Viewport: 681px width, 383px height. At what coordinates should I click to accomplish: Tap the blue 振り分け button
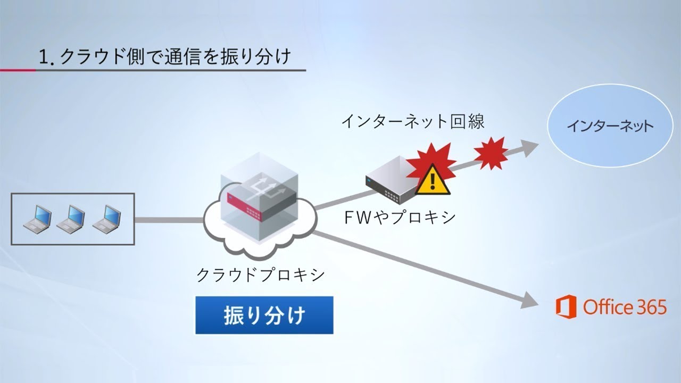[264, 315]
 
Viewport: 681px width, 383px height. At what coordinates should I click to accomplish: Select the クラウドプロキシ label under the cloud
[261, 275]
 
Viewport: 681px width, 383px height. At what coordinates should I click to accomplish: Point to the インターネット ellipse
[609, 127]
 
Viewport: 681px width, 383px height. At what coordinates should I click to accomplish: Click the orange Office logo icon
[566, 307]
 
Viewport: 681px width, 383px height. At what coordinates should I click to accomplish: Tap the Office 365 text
[625, 307]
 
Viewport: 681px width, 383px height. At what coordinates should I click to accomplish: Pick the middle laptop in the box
[71, 219]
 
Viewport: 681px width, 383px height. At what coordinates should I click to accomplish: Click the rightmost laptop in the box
[107, 219]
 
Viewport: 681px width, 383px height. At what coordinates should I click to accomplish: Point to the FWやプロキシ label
[400, 218]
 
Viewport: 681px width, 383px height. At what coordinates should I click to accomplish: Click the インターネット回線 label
[412, 122]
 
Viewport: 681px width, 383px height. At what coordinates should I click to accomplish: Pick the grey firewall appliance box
[391, 184]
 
